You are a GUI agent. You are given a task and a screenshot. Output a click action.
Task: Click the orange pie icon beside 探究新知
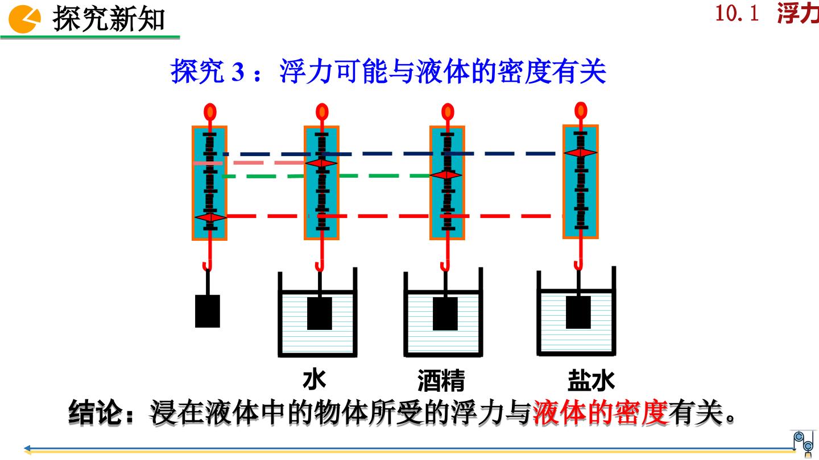[x=24, y=19]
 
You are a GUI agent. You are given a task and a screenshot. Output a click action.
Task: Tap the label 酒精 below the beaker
[x=441, y=380]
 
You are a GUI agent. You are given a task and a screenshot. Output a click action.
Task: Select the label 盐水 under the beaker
[x=591, y=380]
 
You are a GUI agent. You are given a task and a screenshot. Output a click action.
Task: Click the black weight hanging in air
[x=208, y=311]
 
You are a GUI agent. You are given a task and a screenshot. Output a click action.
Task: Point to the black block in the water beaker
[x=320, y=313]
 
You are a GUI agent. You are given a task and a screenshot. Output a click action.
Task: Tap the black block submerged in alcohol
[x=445, y=313]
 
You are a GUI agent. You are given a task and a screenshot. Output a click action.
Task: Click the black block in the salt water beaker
[x=578, y=312]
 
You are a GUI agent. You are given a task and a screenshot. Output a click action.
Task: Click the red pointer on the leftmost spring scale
[x=210, y=217]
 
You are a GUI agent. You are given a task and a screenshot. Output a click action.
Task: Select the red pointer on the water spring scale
[x=321, y=163]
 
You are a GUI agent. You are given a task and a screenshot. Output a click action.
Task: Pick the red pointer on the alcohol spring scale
[x=446, y=175]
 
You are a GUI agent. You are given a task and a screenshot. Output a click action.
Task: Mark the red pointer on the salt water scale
[x=581, y=153]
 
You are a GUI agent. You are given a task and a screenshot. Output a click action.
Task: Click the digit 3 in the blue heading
[x=238, y=72]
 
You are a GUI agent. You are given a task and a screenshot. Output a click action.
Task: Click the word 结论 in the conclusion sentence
[x=95, y=412]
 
